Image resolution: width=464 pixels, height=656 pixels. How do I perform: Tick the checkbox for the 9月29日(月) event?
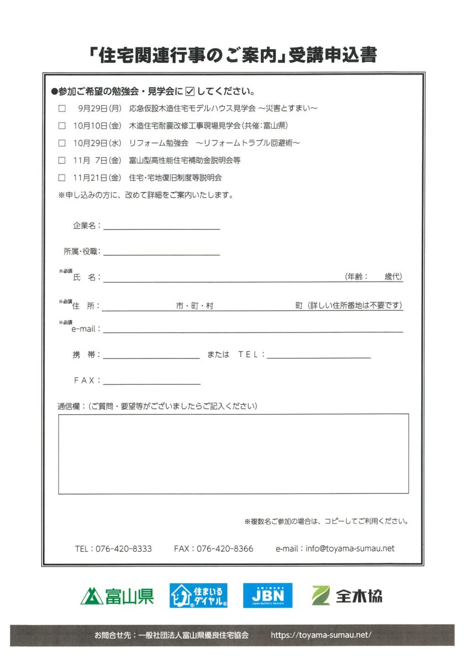click(x=62, y=108)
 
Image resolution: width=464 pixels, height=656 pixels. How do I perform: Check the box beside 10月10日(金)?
click(x=62, y=125)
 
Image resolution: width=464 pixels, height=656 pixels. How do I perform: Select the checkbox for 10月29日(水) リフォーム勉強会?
click(x=62, y=143)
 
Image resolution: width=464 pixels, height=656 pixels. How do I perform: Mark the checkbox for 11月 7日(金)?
click(x=62, y=161)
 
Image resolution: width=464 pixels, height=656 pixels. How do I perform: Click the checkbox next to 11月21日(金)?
click(x=62, y=178)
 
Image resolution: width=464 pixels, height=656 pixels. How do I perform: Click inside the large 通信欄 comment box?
click(x=233, y=453)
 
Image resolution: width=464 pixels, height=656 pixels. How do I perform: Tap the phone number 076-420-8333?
click(x=124, y=549)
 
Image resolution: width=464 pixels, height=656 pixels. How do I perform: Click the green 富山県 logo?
click(x=117, y=595)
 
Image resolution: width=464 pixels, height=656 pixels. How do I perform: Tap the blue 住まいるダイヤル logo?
click(x=198, y=595)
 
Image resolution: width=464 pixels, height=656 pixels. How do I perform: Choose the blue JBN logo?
click(x=268, y=595)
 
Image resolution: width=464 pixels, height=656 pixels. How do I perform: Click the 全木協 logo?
click(x=347, y=595)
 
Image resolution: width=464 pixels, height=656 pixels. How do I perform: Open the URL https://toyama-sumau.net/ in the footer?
click(x=321, y=636)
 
